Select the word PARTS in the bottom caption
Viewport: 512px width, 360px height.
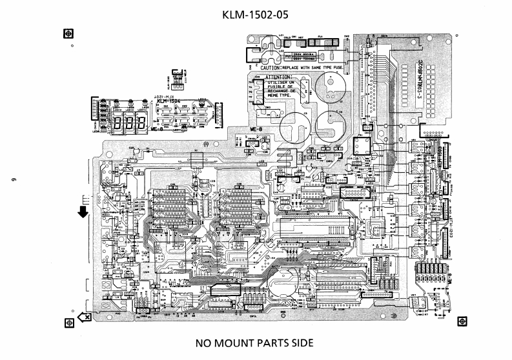[x=275, y=343]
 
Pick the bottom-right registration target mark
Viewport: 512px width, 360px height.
[x=461, y=321]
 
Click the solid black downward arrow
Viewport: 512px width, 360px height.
[x=83, y=212]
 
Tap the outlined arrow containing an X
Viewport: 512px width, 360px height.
[x=84, y=317]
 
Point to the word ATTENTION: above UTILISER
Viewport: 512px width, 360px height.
[x=279, y=77]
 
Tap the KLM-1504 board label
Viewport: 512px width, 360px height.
[x=167, y=101]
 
